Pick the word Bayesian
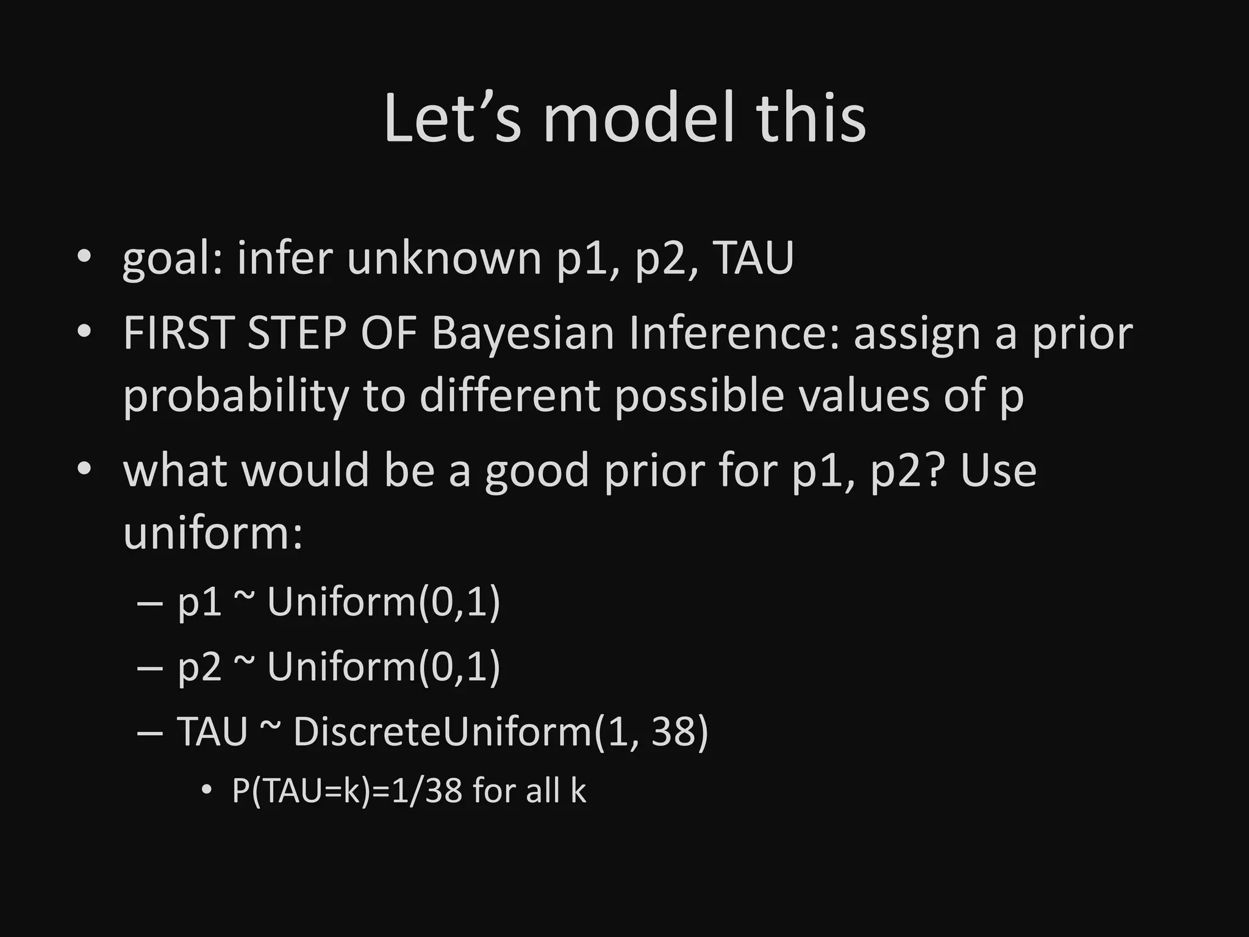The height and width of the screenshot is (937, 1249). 523,335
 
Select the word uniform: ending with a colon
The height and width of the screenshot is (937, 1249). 213,533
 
